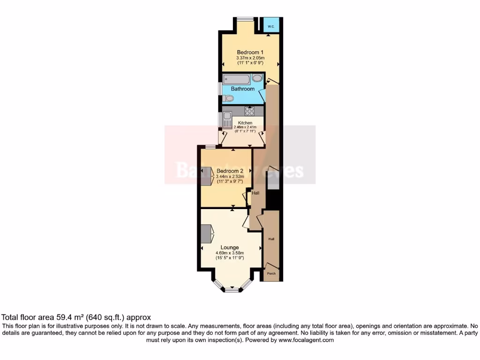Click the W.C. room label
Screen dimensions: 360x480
pos(271,27)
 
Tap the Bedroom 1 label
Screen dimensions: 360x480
pos(250,52)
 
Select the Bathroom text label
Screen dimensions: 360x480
pos(242,89)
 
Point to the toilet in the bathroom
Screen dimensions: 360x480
pos(228,98)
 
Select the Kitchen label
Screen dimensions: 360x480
pos(245,123)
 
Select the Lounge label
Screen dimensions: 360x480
pos(230,247)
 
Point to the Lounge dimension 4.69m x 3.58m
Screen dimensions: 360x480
pos(230,253)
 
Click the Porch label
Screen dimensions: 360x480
pos(271,273)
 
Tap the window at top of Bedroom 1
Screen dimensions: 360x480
pos(245,19)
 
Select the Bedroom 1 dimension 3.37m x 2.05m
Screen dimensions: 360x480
pos(250,58)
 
